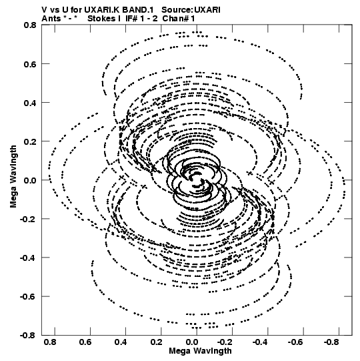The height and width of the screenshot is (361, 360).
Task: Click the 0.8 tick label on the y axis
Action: (30, 25)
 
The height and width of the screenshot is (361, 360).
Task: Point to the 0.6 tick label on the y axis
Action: (30, 64)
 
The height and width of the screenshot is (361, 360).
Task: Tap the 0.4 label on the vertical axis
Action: (30, 103)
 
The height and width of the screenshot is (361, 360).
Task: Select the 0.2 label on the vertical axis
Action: (30, 141)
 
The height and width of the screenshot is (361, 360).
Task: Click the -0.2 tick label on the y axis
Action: (28, 219)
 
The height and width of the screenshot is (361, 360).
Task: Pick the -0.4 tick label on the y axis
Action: (28, 258)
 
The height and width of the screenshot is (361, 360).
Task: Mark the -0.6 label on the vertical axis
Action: (28, 296)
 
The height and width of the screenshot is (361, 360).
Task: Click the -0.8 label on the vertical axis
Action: (28, 336)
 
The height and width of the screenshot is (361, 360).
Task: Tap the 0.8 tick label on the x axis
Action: (50, 342)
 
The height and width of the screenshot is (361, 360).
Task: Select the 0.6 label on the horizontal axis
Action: (85, 342)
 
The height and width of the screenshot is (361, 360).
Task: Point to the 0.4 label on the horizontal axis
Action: (121, 342)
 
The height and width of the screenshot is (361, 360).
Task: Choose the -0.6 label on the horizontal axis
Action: (297, 342)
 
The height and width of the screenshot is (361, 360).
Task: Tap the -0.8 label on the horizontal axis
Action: (332, 342)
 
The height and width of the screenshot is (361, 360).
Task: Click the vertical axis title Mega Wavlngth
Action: (13, 177)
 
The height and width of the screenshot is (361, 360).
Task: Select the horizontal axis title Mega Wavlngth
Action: (200, 352)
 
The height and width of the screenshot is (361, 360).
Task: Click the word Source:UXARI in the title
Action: (191, 10)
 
